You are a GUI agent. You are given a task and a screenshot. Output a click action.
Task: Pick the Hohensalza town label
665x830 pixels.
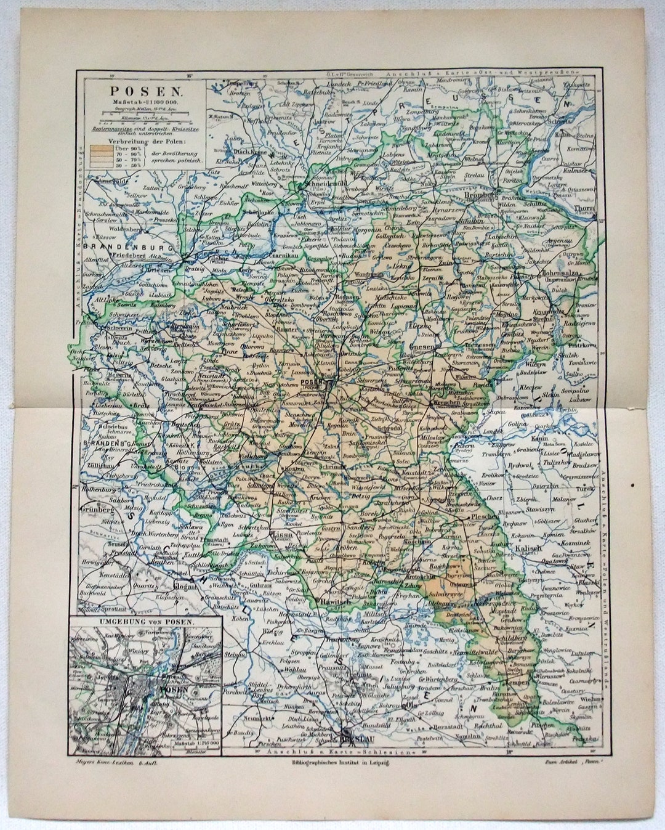tap(560, 272)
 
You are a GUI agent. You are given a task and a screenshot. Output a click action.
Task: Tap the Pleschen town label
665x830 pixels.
tap(484, 516)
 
